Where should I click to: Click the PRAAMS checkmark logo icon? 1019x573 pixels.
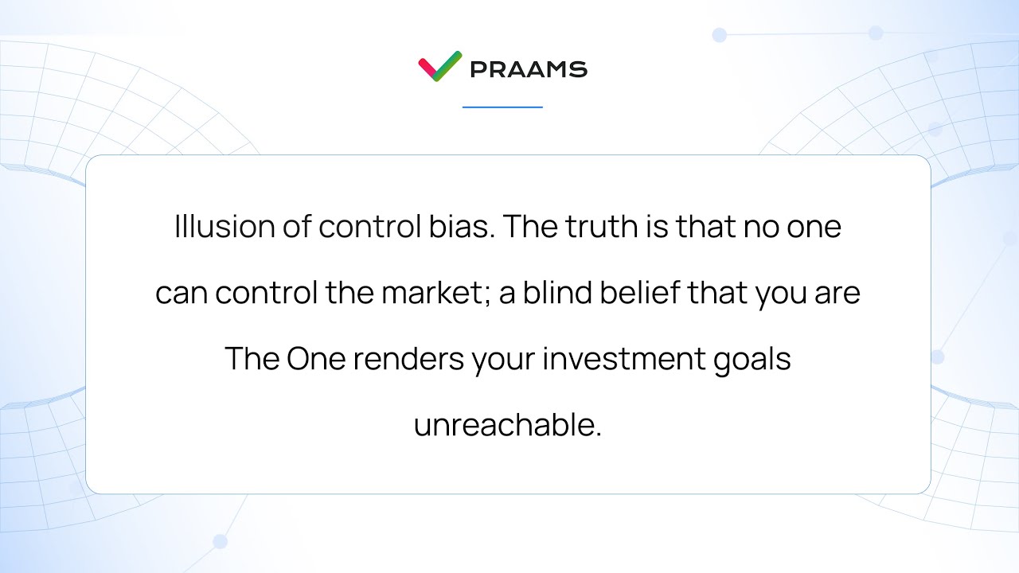[x=439, y=67]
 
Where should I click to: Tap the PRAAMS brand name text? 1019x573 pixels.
[x=529, y=69]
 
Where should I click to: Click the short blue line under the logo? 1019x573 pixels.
[x=502, y=107]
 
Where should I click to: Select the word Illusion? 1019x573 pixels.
[x=224, y=228]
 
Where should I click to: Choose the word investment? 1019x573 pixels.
[x=620, y=359]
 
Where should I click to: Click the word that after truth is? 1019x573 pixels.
[x=705, y=228]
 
